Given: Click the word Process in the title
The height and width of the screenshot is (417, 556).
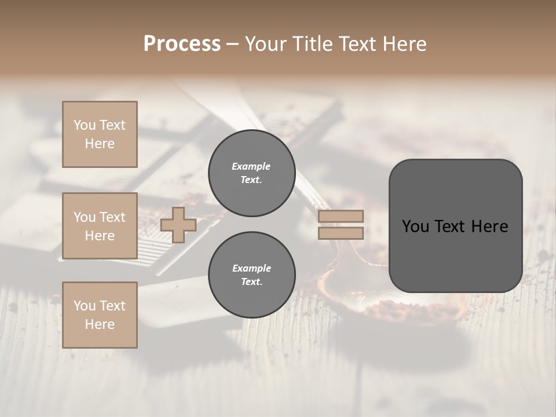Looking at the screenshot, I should pyautogui.click(x=182, y=44).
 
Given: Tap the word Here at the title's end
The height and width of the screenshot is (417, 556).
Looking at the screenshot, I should pyautogui.click(x=403, y=44).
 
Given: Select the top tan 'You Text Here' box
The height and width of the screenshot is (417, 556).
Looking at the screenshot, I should pyautogui.click(x=100, y=134).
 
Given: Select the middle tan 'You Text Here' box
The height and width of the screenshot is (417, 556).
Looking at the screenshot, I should pyautogui.click(x=100, y=226).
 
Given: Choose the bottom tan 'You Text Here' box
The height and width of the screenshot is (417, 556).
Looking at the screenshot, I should pyautogui.click(x=100, y=315).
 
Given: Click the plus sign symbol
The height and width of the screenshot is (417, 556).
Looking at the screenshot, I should pyautogui.click(x=178, y=225).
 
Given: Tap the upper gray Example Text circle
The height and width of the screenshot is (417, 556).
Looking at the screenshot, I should pyautogui.click(x=251, y=173).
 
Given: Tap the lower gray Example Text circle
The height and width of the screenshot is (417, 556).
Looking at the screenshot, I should pyautogui.click(x=251, y=275).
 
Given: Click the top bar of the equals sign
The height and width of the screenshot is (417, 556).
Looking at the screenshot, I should pyautogui.click(x=341, y=216).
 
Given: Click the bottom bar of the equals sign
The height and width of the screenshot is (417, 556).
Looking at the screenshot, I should pyautogui.click(x=341, y=233).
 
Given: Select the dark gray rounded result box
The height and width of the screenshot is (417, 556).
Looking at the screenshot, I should pyautogui.click(x=455, y=226).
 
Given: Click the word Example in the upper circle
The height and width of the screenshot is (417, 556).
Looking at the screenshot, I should pyautogui.click(x=251, y=167).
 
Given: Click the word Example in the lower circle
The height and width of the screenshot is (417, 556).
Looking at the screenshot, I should pyautogui.click(x=251, y=269).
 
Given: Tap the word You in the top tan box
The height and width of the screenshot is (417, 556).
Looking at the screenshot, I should pyautogui.click(x=84, y=125).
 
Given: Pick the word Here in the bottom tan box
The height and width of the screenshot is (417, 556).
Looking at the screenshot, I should pyautogui.click(x=100, y=324).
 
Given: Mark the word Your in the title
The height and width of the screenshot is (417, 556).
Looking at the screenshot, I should pyautogui.click(x=265, y=44).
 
